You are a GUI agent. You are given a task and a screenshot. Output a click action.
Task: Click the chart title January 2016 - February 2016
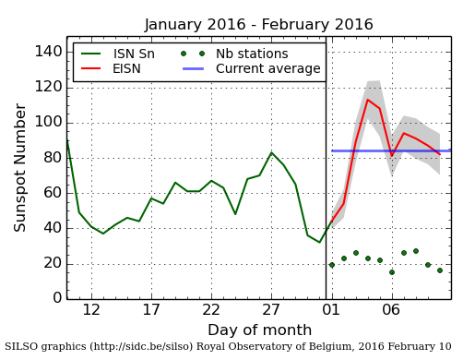pos(258,25)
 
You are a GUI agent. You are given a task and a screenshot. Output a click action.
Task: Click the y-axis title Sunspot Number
pos(20,168)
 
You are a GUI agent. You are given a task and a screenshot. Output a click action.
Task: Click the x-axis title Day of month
pos(258,330)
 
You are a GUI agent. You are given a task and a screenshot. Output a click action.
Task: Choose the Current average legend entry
pos(267,69)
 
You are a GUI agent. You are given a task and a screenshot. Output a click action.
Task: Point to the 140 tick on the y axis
pos(47,52)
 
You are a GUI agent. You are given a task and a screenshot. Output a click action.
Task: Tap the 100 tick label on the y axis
pos(47,122)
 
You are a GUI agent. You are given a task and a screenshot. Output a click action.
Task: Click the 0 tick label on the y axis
pos(56,298)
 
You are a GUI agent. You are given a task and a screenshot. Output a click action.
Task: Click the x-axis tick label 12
pos(91,310)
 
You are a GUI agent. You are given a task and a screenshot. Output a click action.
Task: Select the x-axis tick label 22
pos(211,310)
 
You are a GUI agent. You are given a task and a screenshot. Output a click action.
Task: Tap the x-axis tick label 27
pos(271,310)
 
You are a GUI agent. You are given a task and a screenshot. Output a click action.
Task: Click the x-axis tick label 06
pos(391,310)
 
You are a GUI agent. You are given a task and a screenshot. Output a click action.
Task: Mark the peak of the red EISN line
pos(368,100)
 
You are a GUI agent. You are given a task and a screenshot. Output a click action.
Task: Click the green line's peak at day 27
pos(271,152)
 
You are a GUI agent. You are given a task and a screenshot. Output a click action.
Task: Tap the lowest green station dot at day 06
pos(391,272)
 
